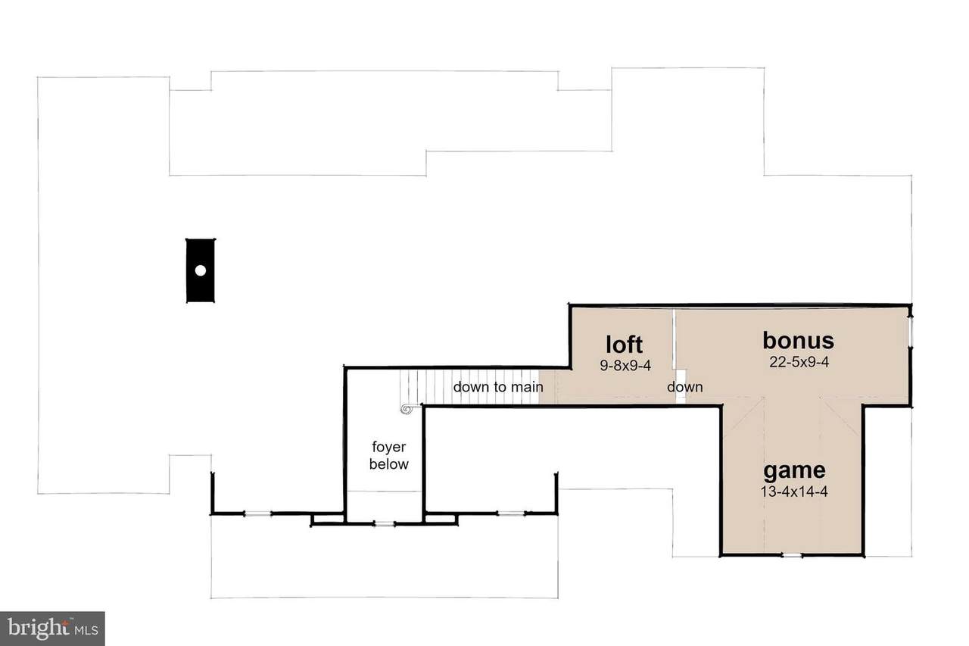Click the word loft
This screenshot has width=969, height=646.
pos(625,345)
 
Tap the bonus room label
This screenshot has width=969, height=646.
pos(799,341)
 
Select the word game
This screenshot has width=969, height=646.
pos(794,472)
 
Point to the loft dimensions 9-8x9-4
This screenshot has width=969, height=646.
pos(625,366)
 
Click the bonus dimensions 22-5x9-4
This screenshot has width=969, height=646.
pos(799,362)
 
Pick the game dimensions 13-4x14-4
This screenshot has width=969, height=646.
pos(794,492)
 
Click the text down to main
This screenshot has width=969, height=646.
pos(498,387)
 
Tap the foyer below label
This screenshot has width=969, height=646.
pos(389,455)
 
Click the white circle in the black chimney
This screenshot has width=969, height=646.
pos(201,270)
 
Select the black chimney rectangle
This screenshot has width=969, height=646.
pos(201,270)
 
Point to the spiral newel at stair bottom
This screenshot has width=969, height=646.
pos(407,409)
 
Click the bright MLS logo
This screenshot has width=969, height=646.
pos(52,629)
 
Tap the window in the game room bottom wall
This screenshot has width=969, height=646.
pos(792,555)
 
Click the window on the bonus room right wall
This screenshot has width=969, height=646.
pos(910,332)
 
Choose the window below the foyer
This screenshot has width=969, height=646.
pos(384,524)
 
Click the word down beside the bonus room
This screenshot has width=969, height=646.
pos(685,387)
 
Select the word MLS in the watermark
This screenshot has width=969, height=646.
pos(86,630)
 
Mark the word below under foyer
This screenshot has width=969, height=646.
pos(389,464)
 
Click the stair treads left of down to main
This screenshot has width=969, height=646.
pos(425,386)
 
